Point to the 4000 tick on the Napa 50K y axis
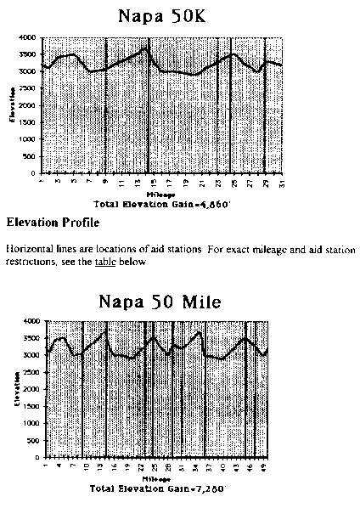27,37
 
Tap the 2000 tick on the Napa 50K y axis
27,105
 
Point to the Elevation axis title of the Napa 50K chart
12,106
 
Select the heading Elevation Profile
52,224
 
